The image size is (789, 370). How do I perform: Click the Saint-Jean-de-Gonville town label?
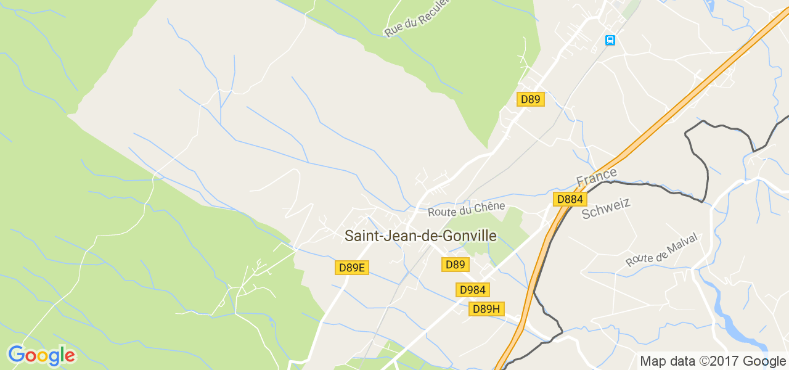[x=420, y=236]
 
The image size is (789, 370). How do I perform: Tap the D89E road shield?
[x=352, y=268]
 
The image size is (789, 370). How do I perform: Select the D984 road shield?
[x=473, y=290]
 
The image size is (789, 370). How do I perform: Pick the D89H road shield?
[x=486, y=309]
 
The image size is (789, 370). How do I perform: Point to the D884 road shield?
[x=570, y=199]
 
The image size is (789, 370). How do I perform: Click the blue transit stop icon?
[x=610, y=41]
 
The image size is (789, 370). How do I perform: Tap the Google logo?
[x=41, y=356]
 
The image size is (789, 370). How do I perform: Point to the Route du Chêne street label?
[x=467, y=209]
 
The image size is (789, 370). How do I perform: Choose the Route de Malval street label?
[x=661, y=250]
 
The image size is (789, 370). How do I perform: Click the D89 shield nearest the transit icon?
[x=530, y=99]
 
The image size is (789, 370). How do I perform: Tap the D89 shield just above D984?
[x=456, y=265]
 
